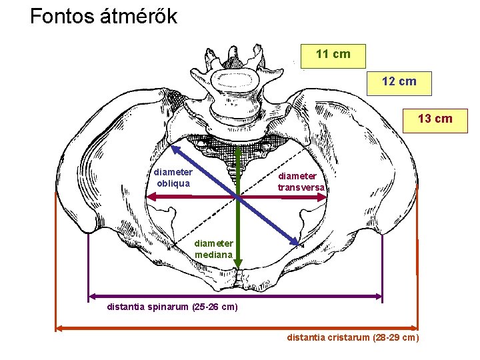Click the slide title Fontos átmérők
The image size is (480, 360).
(103, 16)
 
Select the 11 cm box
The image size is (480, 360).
(333, 54)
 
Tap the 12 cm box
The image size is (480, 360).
(399, 81)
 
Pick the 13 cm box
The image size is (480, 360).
(435, 119)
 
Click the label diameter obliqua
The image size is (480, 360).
(173, 177)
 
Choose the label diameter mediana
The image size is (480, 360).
(214, 249)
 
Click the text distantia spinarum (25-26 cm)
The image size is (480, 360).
(172, 307)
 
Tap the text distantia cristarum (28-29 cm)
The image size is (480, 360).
(353, 337)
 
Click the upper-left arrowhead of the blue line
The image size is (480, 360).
(176, 150)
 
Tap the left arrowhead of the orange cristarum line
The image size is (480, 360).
(59, 327)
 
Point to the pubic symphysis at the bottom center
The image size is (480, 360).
(239, 278)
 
